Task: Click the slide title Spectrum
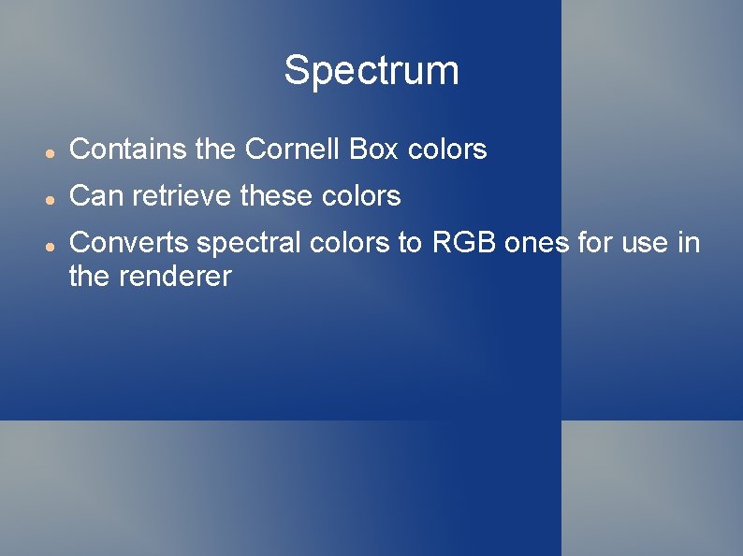point(371,70)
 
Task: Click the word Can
point(97,196)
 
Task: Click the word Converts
point(127,243)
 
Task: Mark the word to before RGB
point(411,243)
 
